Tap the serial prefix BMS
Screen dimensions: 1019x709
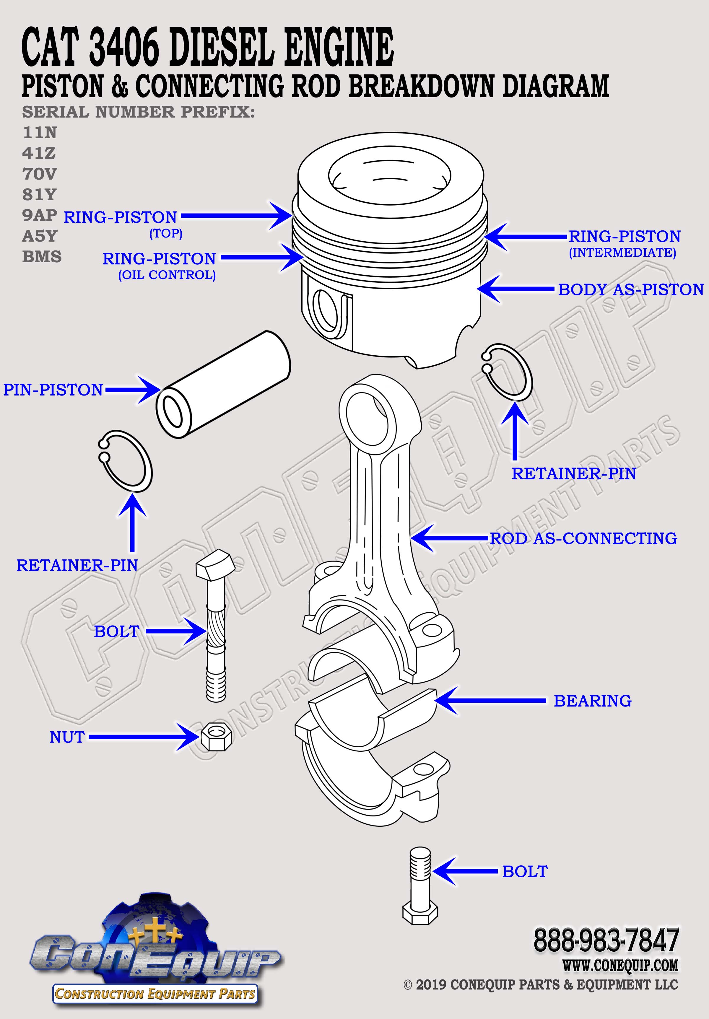[42, 257]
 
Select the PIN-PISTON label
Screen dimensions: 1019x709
[53, 390]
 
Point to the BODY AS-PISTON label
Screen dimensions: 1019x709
[630, 289]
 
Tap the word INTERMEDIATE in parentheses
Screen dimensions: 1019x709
[622, 253]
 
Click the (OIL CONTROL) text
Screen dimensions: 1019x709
[167, 275]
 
